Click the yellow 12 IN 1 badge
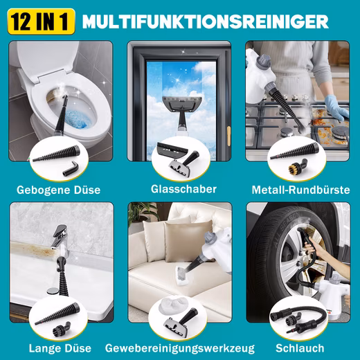click(41, 21)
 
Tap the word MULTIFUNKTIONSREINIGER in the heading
click(206, 21)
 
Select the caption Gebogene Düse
click(59, 190)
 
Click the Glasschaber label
click(183, 189)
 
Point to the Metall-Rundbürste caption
click(300, 190)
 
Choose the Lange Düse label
click(60, 348)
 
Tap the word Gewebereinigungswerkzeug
click(180, 348)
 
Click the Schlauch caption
click(300, 348)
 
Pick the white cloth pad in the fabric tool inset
click(172, 305)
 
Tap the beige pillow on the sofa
click(189, 240)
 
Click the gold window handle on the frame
click(228, 136)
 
